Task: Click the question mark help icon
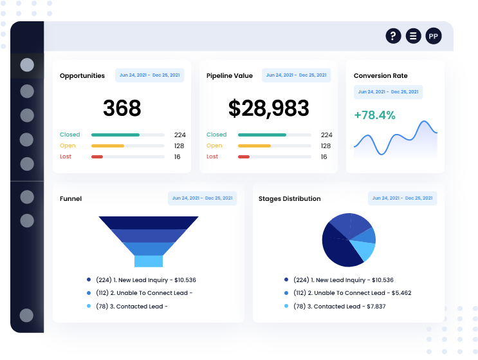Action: (x=393, y=36)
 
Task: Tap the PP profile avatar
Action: (x=434, y=36)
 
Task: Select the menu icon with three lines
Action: (x=413, y=36)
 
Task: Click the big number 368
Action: (x=122, y=108)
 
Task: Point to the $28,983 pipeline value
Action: (x=268, y=108)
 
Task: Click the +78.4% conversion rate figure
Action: (x=374, y=116)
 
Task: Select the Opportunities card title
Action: (x=82, y=76)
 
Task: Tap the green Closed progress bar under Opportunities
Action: (x=115, y=135)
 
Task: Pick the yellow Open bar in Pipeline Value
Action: (x=254, y=146)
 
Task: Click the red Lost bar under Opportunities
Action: (x=97, y=156)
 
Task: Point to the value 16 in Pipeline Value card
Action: (x=324, y=156)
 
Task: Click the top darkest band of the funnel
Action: (x=148, y=222)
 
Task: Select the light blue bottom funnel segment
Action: (x=148, y=261)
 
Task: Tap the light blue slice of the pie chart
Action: (x=364, y=250)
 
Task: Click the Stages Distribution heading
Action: (x=290, y=199)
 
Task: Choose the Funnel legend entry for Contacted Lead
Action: (x=131, y=306)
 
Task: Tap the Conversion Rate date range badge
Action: (x=388, y=92)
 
